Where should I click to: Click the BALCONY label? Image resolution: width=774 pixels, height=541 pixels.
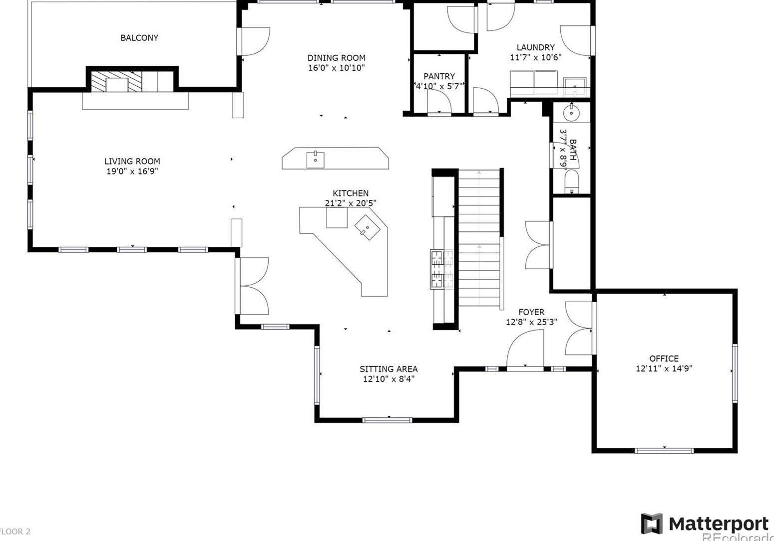[139, 38]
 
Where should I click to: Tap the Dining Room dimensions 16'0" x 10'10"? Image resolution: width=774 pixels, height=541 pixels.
[336, 68]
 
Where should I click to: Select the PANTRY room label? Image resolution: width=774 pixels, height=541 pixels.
[439, 76]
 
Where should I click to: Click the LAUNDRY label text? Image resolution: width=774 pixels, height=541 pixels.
[535, 47]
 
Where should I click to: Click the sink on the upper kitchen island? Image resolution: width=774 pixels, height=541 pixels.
[316, 160]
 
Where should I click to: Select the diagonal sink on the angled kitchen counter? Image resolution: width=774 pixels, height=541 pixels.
[367, 227]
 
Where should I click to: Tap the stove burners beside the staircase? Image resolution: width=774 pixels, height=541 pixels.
[437, 269]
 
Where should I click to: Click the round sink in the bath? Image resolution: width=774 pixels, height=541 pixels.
[571, 114]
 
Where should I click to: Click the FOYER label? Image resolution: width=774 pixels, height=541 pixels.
[531, 312]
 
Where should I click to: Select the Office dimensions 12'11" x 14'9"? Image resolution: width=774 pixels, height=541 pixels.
[664, 369]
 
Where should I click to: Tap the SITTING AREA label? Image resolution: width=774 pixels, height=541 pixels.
[388, 369]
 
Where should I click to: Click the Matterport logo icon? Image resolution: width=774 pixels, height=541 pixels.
[652, 524]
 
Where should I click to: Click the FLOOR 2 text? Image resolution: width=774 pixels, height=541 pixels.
[15, 532]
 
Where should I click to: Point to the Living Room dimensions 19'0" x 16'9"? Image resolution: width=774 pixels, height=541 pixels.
[132, 172]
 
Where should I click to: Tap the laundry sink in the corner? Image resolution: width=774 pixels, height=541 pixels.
[575, 86]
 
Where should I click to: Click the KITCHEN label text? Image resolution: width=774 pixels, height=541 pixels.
[351, 193]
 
